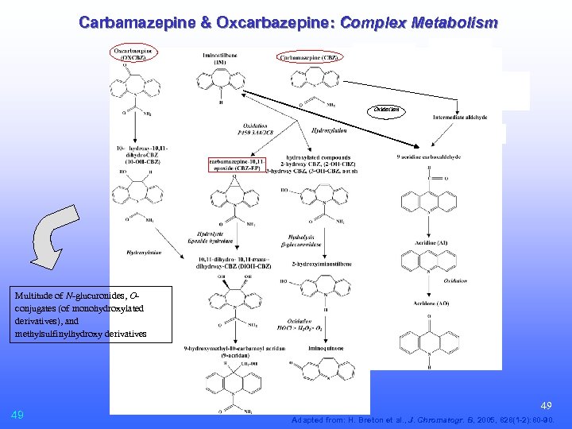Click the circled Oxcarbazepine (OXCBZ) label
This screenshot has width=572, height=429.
point(134,54)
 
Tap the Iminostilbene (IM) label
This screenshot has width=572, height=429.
point(220,56)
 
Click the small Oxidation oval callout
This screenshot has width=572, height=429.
point(387,110)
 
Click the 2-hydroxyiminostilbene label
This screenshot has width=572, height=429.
point(323,262)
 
